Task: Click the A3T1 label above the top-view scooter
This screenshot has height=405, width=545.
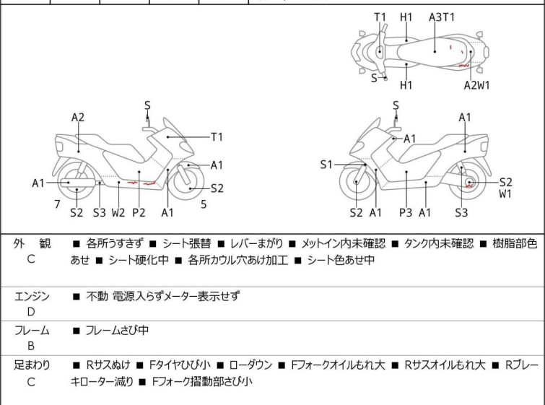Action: pyautogui.click(x=442, y=17)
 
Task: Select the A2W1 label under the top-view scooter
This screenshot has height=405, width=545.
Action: pyautogui.click(x=476, y=85)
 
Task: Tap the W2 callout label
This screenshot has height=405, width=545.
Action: pyautogui.click(x=118, y=212)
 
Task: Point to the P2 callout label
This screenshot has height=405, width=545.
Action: pyautogui.click(x=139, y=212)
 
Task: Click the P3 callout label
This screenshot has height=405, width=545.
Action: pyautogui.click(x=406, y=212)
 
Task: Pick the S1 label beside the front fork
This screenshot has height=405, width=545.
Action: pyautogui.click(x=326, y=165)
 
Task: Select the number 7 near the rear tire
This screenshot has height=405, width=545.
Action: pyautogui.click(x=57, y=204)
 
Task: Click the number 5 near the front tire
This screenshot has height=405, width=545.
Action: pyautogui.click(x=204, y=204)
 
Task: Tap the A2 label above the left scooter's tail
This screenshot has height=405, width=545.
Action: pyautogui.click(x=78, y=117)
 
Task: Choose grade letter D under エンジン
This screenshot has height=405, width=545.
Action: pyautogui.click(x=31, y=312)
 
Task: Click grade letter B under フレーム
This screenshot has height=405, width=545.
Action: pyautogui.click(x=31, y=346)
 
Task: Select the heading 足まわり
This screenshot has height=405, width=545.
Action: pyautogui.click(x=32, y=365)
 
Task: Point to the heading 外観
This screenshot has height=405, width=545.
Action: pyautogui.click(x=32, y=244)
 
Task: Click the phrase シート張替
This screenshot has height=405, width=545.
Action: pyautogui.click(x=187, y=243)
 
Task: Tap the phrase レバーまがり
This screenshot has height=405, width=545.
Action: pyautogui.click(x=256, y=243)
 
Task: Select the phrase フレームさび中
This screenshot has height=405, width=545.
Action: pyautogui.click(x=117, y=330)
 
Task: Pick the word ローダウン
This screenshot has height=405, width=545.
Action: pyautogui.click(x=250, y=365)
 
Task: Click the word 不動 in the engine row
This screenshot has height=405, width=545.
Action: pyautogui.click(x=97, y=296)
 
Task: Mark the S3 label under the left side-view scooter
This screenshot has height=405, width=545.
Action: pyautogui.click(x=99, y=212)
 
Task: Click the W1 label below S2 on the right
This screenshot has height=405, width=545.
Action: pyautogui.click(x=505, y=194)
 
